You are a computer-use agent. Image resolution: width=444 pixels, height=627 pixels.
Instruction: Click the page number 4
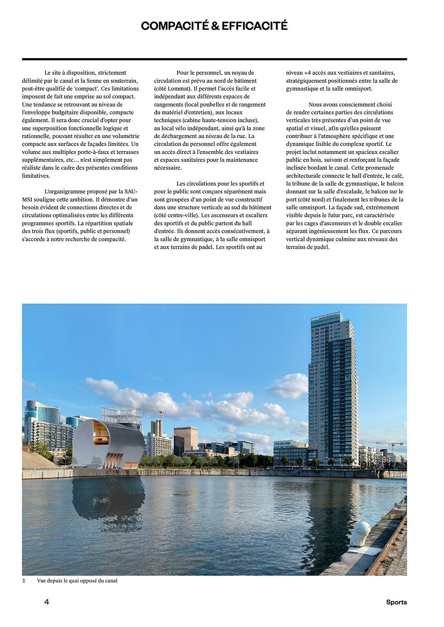pos(47,602)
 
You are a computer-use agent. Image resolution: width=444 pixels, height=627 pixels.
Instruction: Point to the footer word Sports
pos(396,602)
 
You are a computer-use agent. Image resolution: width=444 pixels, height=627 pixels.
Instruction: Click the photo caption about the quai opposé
pos(77,580)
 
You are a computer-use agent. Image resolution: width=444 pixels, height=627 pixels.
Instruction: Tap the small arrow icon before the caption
pos(24,581)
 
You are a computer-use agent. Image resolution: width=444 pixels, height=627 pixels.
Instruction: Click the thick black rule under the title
pos(214,59)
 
